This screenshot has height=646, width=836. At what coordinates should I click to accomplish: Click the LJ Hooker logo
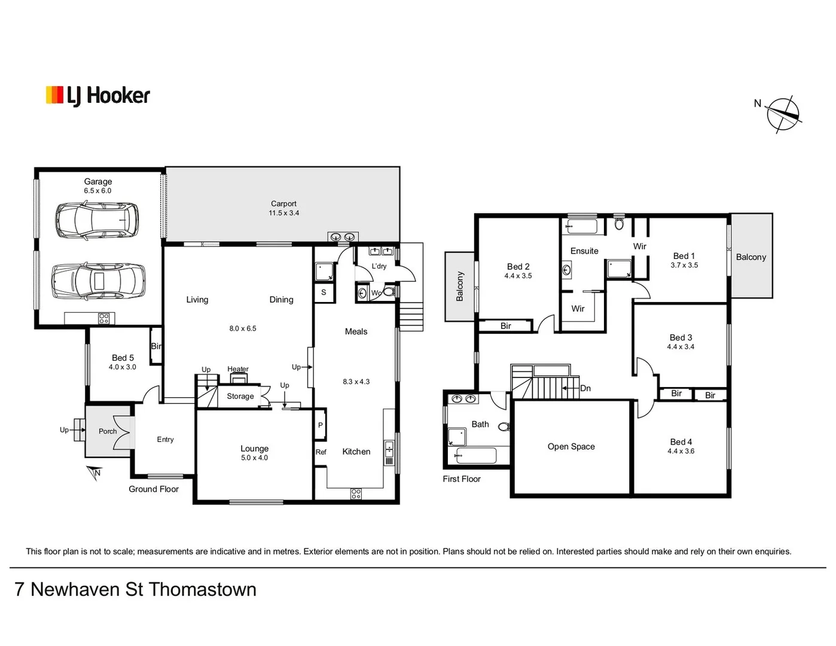tap(98, 96)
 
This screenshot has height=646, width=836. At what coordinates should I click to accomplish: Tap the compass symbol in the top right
tap(783, 113)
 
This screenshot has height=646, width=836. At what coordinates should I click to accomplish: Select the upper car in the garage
tap(97, 220)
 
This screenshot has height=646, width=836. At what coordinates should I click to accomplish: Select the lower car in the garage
tap(98, 281)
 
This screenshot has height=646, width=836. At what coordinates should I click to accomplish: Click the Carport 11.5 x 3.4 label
tap(283, 208)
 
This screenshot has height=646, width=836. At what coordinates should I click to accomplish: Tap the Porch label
tap(108, 431)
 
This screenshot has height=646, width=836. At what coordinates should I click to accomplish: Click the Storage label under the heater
tap(240, 397)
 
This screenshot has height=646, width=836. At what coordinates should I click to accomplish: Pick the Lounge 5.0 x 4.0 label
tap(254, 453)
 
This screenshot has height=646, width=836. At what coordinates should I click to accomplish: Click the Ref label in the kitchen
tap(321, 452)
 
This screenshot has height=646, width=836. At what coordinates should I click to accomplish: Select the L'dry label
tap(379, 266)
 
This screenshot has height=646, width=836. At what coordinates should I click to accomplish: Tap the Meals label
tap(356, 331)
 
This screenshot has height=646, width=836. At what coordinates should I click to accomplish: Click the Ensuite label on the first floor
tap(584, 251)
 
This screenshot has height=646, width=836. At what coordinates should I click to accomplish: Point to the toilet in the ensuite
tap(619, 224)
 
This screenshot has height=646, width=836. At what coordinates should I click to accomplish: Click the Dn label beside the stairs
tap(585, 388)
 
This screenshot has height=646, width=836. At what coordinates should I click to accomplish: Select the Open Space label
tap(571, 447)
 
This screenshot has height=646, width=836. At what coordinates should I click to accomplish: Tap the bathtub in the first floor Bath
tap(475, 456)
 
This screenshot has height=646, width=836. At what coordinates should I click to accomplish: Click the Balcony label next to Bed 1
tap(750, 257)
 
